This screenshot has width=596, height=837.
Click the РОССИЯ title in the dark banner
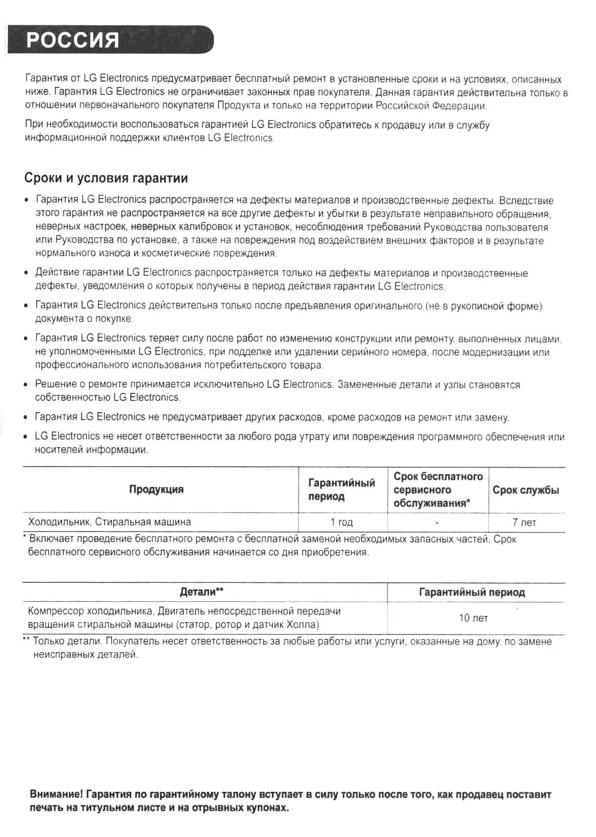click(73, 40)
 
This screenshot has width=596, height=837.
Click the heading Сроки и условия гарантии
click(106, 178)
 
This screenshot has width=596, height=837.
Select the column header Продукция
click(156, 489)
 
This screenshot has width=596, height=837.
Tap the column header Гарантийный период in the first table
click(341, 489)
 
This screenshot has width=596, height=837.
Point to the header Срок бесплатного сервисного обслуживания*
click(437, 489)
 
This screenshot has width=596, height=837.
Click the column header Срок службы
click(525, 490)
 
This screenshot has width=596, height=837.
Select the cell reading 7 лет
click(524, 522)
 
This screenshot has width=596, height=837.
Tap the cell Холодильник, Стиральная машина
click(110, 521)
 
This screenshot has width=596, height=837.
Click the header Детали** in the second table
click(202, 592)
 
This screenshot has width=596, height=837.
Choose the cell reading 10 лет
click(473, 618)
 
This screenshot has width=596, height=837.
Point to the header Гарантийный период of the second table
click(471, 592)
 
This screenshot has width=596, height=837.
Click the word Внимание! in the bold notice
click(56, 795)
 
